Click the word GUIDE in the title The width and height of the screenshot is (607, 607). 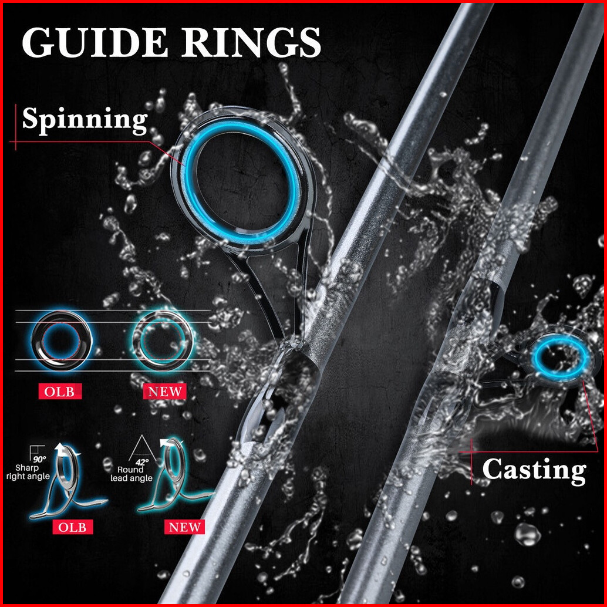click(95, 42)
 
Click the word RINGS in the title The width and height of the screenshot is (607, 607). click(251, 42)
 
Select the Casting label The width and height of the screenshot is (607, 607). click(534, 470)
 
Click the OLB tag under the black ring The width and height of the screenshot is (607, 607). click(59, 392)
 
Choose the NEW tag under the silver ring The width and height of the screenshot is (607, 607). click(165, 392)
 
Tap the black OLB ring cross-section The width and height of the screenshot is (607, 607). click(37, 340)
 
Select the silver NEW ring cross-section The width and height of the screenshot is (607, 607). click(136, 340)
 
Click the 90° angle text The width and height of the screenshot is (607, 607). click(39, 460)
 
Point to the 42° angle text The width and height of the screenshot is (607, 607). click(143, 462)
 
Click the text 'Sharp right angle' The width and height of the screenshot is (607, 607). click(28, 473)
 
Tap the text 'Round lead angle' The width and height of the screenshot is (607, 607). click(131, 474)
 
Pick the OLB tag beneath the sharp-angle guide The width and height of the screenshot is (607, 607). click(72, 527)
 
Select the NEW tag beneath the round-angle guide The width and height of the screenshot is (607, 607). click(185, 527)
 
